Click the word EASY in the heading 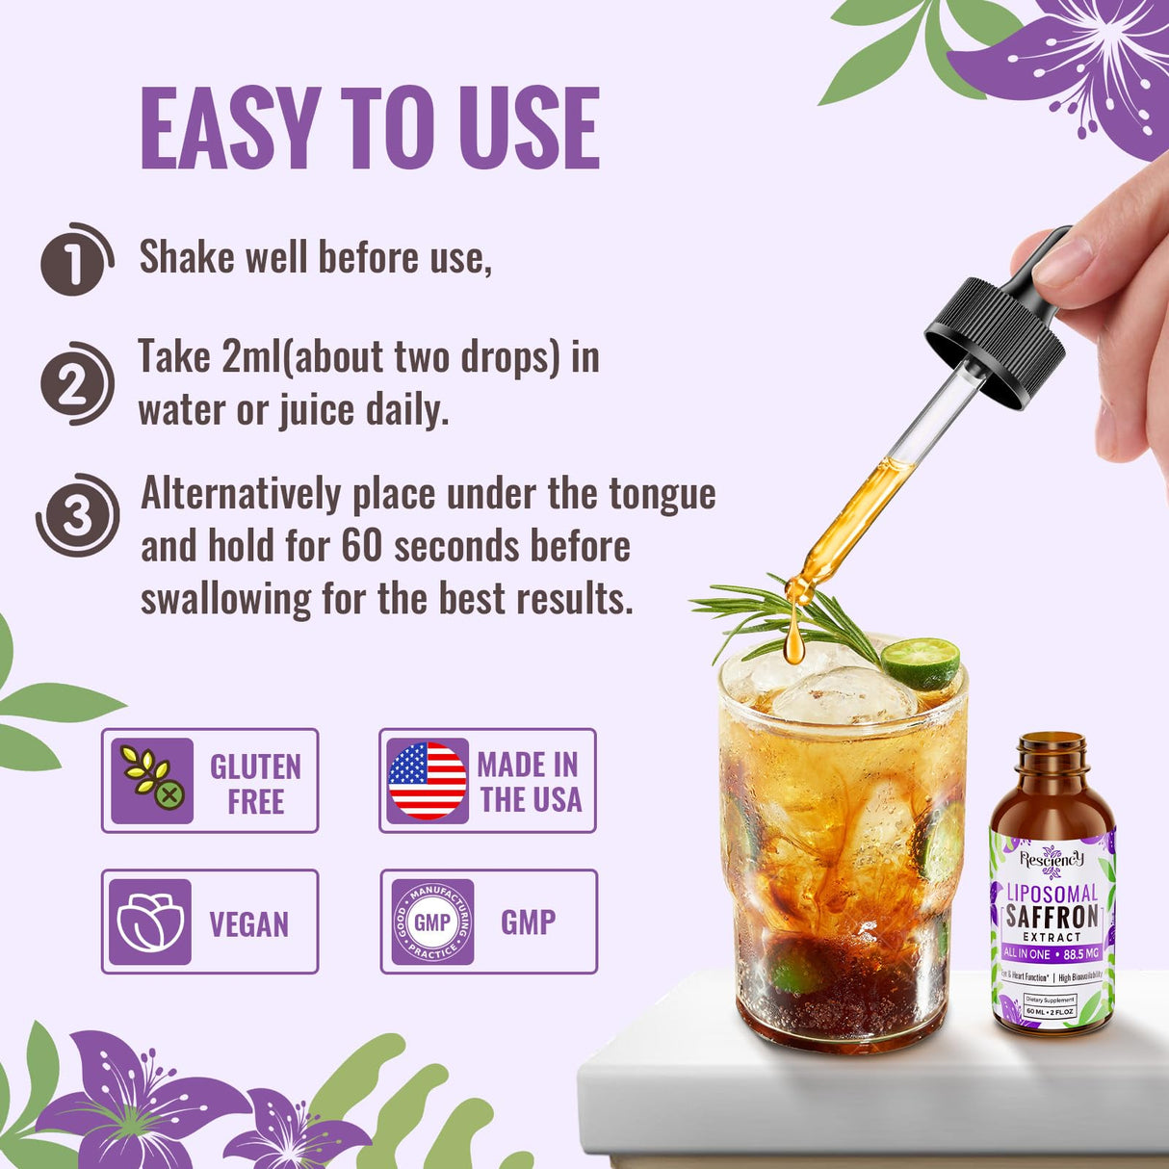coord(230,128)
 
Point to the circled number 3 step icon coord(77,516)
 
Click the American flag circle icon coord(427,780)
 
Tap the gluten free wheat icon coord(152,780)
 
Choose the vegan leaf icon coord(150,922)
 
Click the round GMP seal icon coord(432,922)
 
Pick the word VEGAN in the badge coord(248,924)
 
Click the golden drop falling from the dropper coord(794,642)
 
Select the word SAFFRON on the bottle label coord(1052,916)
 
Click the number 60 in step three coord(362,547)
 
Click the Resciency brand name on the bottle coord(1052,858)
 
